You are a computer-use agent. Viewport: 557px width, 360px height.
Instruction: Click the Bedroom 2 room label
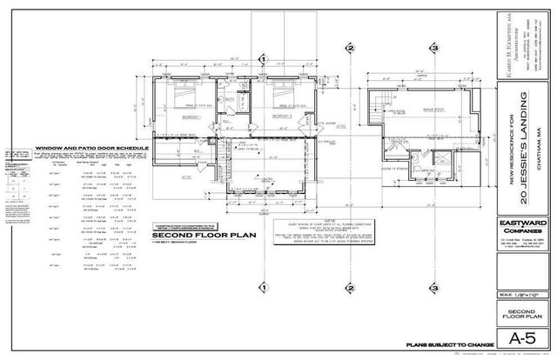pos(281,115)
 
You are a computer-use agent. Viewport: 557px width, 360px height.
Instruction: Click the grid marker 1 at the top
pos(262,57)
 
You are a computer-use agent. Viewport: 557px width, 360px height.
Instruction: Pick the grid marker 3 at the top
pos(433,57)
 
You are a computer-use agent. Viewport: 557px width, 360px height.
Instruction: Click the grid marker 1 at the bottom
pos(262,288)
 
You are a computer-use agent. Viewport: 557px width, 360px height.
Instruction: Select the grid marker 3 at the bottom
pos(433,288)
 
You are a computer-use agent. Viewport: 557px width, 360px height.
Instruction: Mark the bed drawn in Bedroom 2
pos(281,93)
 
